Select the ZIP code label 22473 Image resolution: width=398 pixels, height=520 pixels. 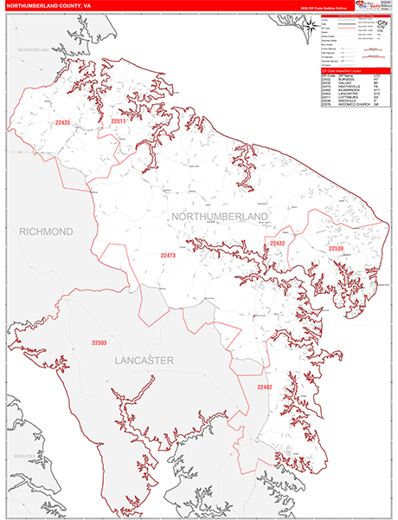(x=168, y=256)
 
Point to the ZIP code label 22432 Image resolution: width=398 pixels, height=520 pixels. (x=277, y=244)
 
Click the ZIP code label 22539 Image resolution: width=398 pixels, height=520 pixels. (x=336, y=249)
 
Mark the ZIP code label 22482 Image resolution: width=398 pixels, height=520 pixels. (x=264, y=387)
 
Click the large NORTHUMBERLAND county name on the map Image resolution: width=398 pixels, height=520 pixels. (x=220, y=215)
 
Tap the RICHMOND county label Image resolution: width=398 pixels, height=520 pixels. (x=46, y=232)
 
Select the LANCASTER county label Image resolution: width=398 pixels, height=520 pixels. (x=143, y=359)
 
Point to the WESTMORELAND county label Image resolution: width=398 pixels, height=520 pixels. (x=36, y=51)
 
